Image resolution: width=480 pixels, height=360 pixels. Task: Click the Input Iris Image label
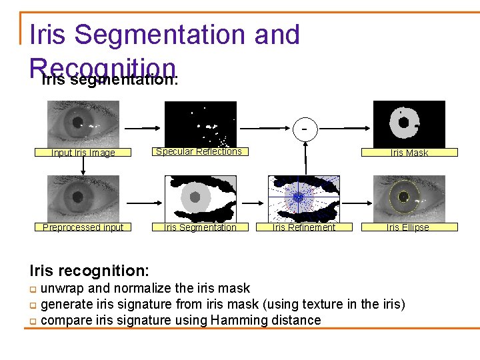(83, 153)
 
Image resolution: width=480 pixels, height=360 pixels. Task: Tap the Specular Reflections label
(199, 151)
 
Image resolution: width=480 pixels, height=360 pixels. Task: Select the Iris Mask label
(409, 153)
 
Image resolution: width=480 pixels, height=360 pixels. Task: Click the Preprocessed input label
(83, 227)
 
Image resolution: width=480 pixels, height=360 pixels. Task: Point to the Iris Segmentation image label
(201, 227)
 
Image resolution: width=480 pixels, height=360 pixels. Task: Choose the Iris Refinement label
(304, 227)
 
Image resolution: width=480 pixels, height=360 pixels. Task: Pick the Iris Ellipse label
(408, 227)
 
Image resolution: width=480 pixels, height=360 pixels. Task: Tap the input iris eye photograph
(83, 123)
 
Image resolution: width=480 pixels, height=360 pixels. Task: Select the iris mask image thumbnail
(409, 123)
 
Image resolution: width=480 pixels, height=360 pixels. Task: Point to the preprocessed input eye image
(83, 198)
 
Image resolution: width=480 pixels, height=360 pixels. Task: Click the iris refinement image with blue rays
(304, 198)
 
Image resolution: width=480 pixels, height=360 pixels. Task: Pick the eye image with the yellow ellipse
(409, 198)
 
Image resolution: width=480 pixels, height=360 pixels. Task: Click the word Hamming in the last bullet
(235, 320)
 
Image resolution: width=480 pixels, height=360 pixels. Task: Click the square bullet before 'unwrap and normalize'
(33, 289)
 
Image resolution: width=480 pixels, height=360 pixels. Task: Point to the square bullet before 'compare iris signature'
(33, 321)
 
